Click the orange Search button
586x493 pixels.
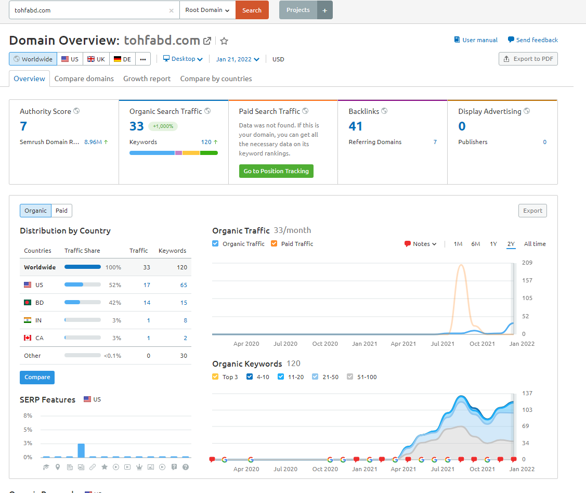pos(252,10)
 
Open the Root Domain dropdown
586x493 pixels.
pos(207,10)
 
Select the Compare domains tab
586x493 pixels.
pos(84,79)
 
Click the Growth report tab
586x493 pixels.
pos(147,79)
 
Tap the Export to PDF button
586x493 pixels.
pos(528,59)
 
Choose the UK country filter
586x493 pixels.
pos(96,59)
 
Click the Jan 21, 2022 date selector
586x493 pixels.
pos(237,59)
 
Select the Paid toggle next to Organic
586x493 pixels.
pos(62,211)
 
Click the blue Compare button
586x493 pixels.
pos(37,378)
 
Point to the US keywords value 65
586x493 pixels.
pos(184,285)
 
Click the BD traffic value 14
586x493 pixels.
pos(147,303)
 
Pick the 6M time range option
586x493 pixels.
pos(475,244)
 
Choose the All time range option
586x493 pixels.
pos(535,244)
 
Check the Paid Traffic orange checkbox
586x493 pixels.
pos(274,244)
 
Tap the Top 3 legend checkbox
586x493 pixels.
pos(215,377)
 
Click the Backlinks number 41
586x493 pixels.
pos(356,126)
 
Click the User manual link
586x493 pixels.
pos(476,40)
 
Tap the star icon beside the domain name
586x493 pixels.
pos(224,41)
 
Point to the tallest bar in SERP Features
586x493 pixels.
pos(81,450)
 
